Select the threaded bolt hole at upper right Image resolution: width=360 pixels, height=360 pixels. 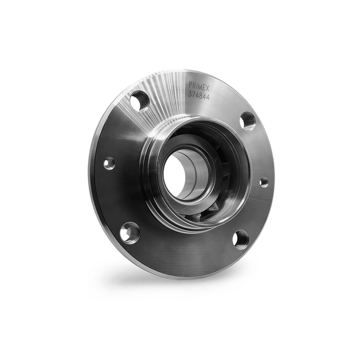click(247, 121)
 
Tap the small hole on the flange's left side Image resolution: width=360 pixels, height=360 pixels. click(109, 164)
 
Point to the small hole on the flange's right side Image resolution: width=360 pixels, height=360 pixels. click(263, 183)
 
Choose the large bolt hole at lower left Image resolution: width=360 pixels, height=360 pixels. click(130, 232)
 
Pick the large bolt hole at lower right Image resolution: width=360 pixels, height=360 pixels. click(240, 239)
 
